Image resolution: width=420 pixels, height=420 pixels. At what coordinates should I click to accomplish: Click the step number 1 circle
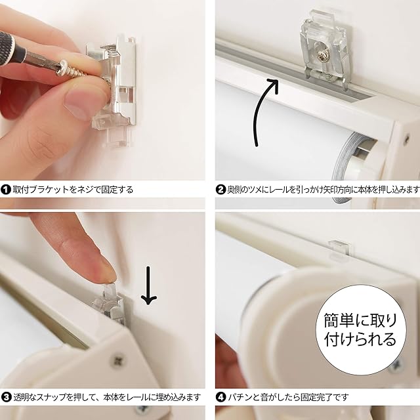[5, 190]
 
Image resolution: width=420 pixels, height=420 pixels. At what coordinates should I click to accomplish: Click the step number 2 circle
[220, 190]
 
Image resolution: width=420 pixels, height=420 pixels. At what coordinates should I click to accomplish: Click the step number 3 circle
[5, 396]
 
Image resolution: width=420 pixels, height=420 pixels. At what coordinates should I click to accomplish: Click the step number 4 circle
[220, 396]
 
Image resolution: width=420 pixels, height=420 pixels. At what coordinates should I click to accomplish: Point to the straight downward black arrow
[149, 285]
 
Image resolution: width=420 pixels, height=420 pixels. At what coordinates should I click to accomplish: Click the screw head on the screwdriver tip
[63, 68]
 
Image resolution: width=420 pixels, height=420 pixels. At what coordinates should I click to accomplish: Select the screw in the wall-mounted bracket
[321, 56]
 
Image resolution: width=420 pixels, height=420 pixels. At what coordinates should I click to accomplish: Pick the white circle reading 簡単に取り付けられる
[360, 330]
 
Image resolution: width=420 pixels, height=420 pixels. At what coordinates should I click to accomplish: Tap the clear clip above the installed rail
[339, 249]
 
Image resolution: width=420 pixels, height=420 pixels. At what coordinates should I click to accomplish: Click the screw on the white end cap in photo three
[118, 360]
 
